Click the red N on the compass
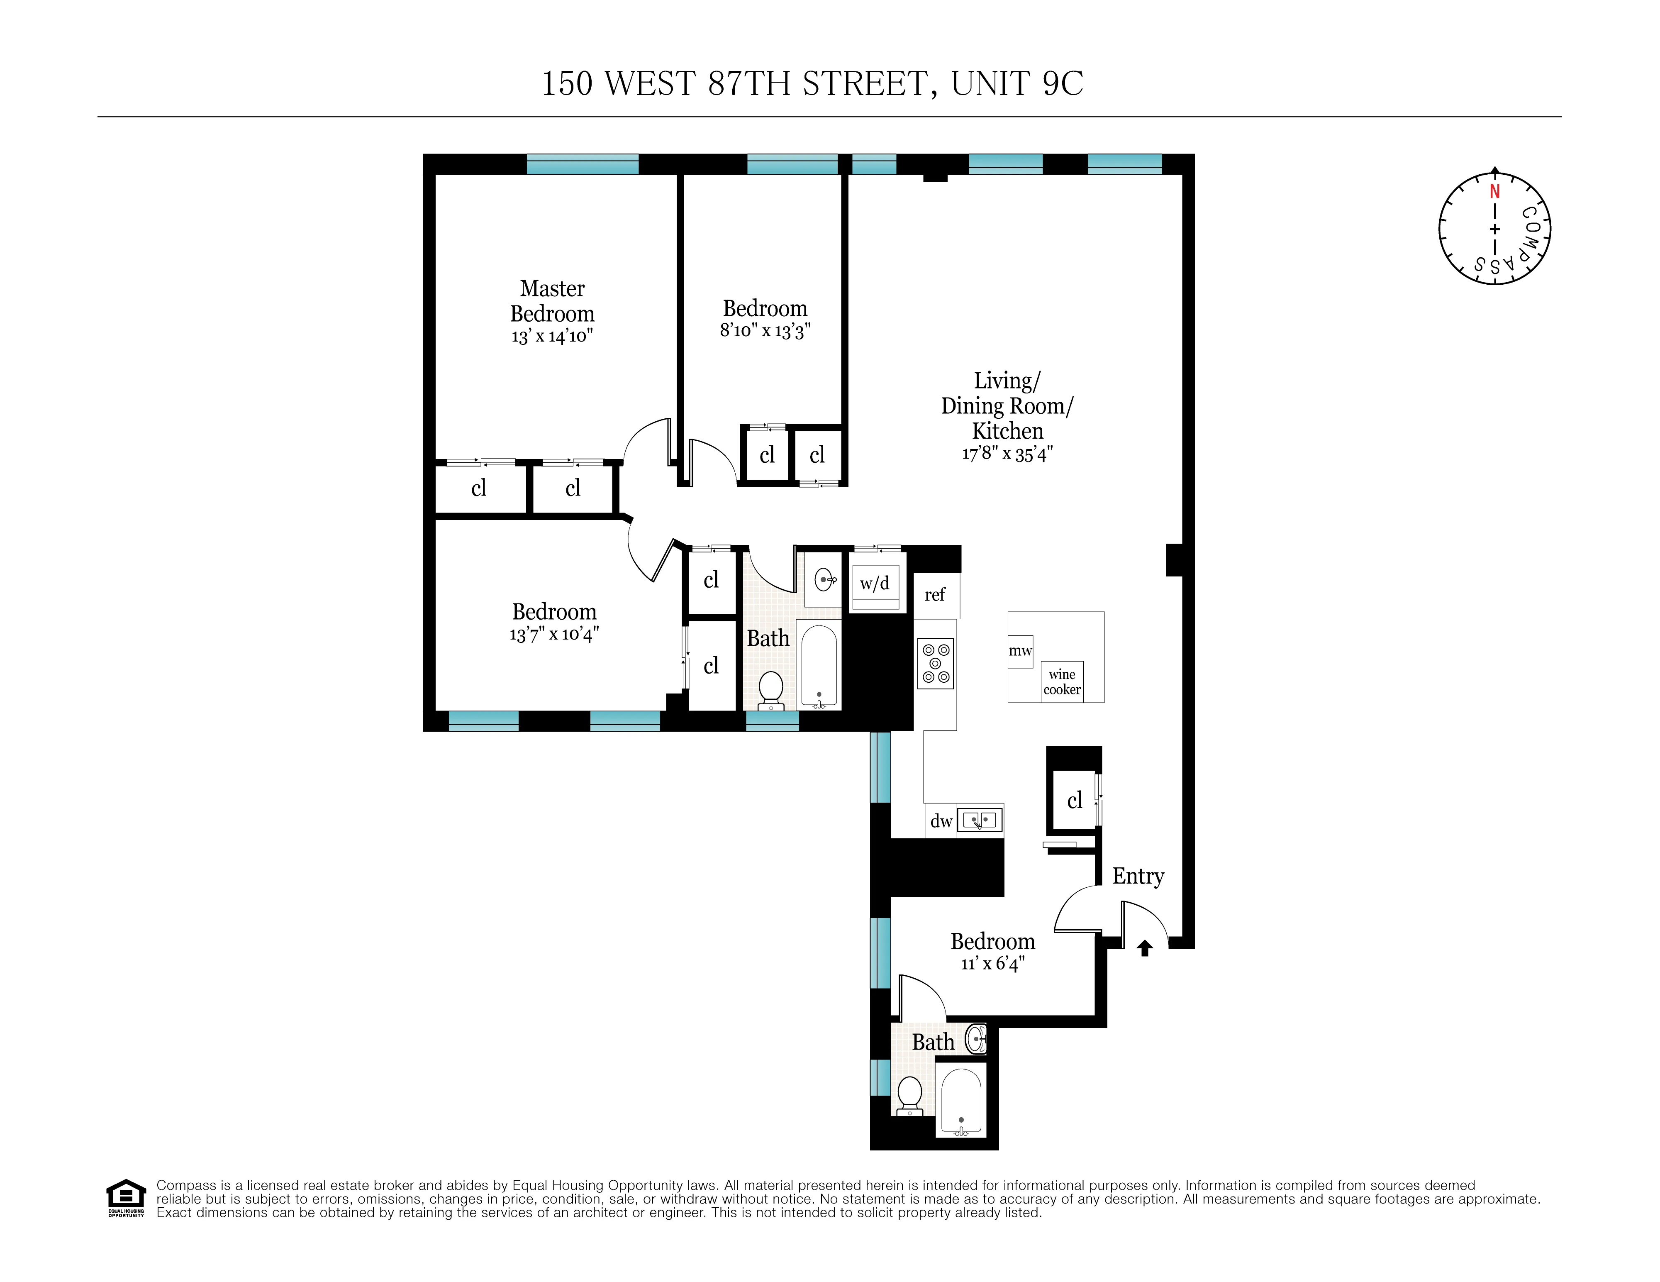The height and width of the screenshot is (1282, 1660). coord(1494,192)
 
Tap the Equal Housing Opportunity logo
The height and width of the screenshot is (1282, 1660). coord(125,1198)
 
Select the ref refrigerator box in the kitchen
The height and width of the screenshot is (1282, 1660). coord(935,595)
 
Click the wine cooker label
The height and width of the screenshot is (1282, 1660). coord(1062,681)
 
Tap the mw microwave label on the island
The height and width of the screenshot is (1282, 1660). coord(1020,651)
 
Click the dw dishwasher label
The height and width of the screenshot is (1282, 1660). coord(941,821)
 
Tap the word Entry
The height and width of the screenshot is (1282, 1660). coord(1138,876)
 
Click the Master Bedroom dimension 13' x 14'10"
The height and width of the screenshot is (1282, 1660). coord(552,336)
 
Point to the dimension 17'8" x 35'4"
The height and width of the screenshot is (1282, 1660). coord(1007,454)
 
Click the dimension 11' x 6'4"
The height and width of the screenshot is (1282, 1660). coord(993,963)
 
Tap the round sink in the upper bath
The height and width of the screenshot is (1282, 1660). coord(825,580)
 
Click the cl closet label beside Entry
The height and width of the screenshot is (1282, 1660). coord(1074,801)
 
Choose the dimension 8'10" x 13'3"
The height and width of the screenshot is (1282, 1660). coord(765,331)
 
